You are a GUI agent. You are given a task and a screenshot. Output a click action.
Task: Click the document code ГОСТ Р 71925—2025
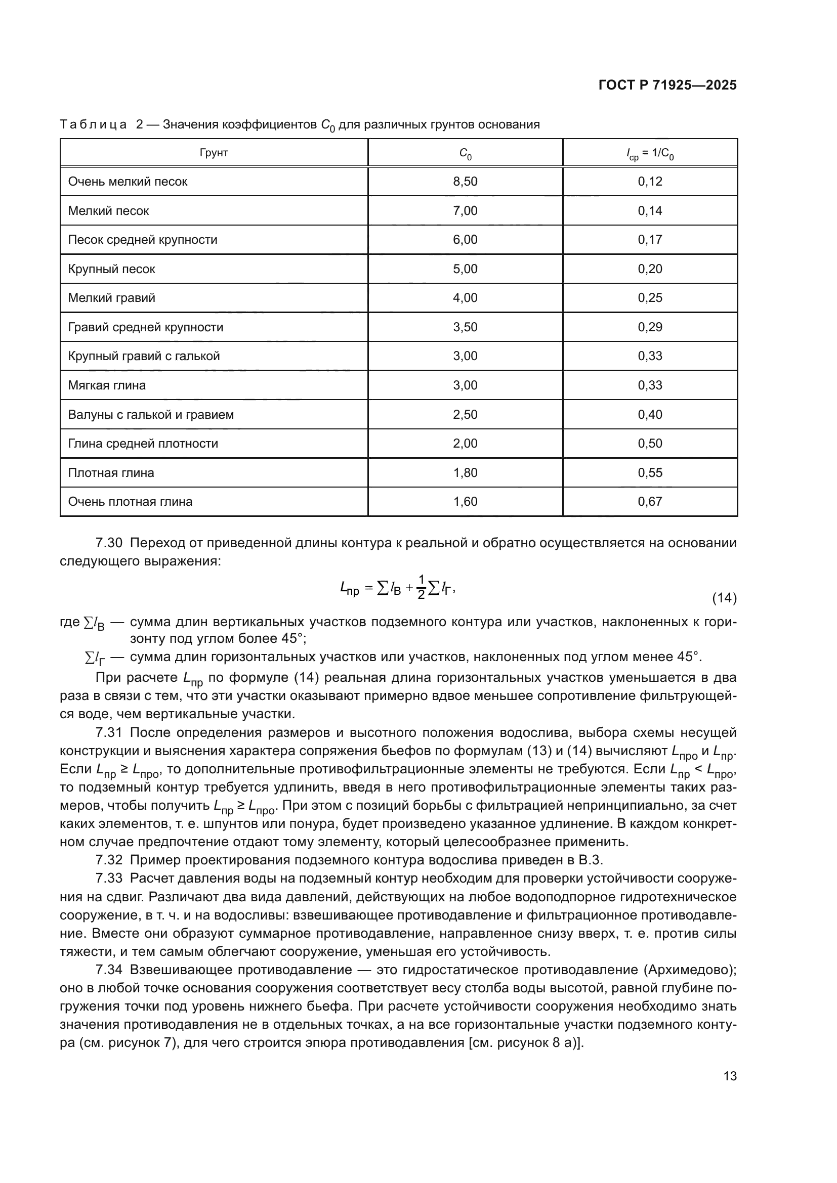(667, 85)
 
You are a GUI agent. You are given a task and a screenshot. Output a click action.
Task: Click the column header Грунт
(214, 153)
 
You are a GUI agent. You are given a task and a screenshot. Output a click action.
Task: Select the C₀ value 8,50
(465, 182)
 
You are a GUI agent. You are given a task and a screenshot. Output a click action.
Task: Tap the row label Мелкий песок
(108, 211)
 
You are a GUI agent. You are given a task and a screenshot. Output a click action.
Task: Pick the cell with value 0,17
(649, 240)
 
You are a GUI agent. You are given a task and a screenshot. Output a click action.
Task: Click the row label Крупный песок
(111, 269)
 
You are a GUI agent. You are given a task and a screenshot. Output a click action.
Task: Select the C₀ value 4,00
(465, 298)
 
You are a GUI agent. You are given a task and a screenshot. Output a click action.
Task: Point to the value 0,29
(649, 327)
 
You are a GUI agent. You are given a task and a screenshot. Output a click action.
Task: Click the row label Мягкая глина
(107, 385)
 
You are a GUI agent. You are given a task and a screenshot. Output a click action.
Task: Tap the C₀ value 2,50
(465, 415)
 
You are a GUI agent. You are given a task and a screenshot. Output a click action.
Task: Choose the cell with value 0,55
(649, 473)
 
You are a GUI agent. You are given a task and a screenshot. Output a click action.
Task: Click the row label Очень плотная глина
(130, 502)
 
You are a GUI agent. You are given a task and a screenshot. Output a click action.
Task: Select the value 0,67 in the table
(649, 502)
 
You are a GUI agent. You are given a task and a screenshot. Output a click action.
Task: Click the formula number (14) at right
(724, 598)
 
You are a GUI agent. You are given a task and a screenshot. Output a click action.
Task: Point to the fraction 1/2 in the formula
(421, 587)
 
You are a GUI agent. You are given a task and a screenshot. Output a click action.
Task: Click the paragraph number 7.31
(109, 733)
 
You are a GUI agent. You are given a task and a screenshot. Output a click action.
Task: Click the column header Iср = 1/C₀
(649, 153)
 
